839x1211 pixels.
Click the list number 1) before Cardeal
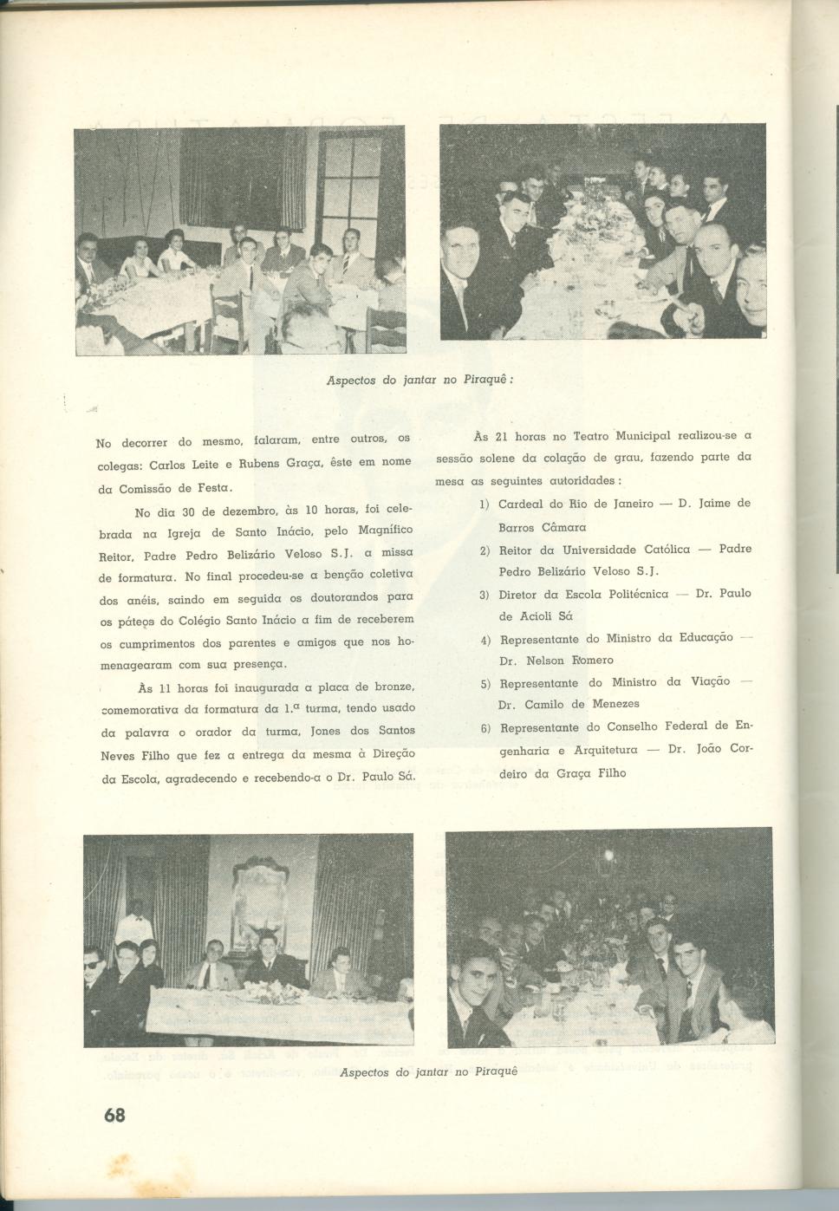485,504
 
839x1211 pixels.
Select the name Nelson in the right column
544,661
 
